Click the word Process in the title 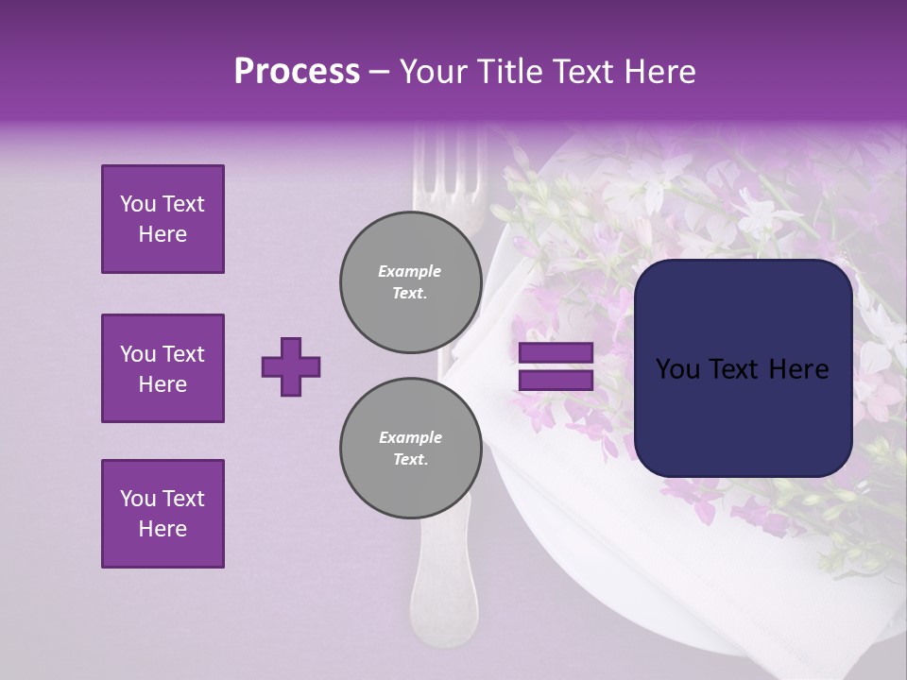pyautogui.click(x=297, y=72)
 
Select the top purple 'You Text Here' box pyautogui.click(x=163, y=219)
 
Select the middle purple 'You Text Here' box pyautogui.click(x=163, y=368)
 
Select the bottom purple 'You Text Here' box pyautogui.click(x=163, y=513)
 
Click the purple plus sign pyautogui.click(x=290, y=366)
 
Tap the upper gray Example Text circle pyautogui.click(x=410, y=281)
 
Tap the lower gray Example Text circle pyautogui.click(x=410, y=448)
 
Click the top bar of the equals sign pyautogui.click(x=556, y=353)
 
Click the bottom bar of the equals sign pyautogui.click(x=556, y=381)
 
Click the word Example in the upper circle pyautogui.click(x=410, y=271)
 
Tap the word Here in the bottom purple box pyautogui.click(x=163, y=529)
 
